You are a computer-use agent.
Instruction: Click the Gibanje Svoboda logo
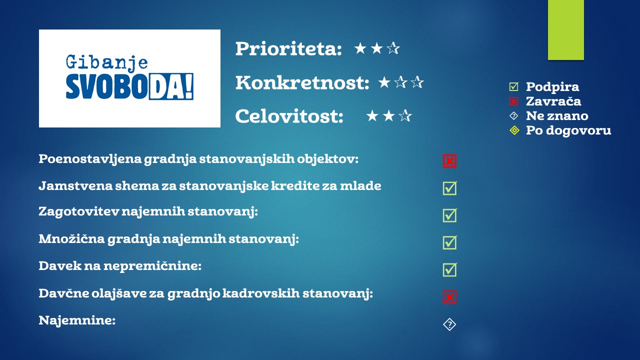pyautogui.click(x=129, y=78)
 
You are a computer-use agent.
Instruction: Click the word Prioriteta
pyautogui.click(x=288, y=48)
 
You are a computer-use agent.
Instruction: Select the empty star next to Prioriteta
pyautogui.click(x=393, y=48)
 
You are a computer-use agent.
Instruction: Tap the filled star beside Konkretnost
pyautogui.click(x=384, y=82)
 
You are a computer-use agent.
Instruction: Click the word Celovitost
pyautogui.click(x=289, y=116)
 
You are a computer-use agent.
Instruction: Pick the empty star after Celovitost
pyautogui.click(x=405, y=116)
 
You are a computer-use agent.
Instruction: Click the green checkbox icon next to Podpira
pyautogui.click(x=513, y=86)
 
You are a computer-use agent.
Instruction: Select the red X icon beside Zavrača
pyautogui.click(x=513, y=101)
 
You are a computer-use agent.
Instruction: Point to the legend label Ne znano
pyautogui.click(x=557, y=115)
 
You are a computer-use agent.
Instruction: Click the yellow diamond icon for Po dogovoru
pyautogui.click(x=514, y=130)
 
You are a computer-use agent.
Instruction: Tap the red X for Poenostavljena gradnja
pyautogui.click(x=449, y=161)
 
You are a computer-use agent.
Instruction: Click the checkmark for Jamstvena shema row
pyautogui.click(x=450, y=188)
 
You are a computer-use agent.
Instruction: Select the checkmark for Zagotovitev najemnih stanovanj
pyautogui.click(x=450, y=215)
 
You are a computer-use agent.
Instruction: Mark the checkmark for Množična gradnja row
pyautogui.click(x=450, y=242)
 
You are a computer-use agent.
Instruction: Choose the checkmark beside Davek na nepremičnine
pyautogui.click(x=450, y=269)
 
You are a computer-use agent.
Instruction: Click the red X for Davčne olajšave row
pyautogui.click(x=449, y=297)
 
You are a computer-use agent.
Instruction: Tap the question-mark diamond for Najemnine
pyautogui.click(x=449, y=324)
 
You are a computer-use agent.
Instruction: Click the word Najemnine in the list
pyautogui.click(x=77, y=320)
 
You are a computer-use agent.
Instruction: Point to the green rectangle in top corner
pyautogui.click(x=565, y=30)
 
